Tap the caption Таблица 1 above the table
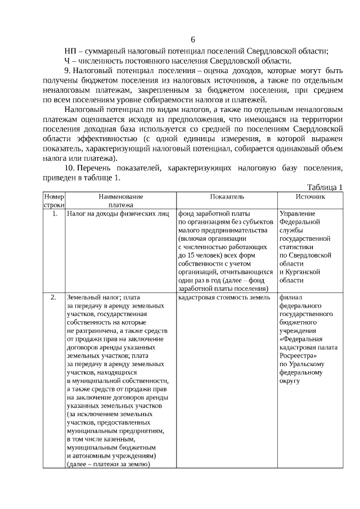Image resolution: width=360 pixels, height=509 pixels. (325, 187)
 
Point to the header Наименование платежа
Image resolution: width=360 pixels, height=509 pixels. (121, 201)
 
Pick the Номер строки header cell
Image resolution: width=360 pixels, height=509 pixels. (54, 201)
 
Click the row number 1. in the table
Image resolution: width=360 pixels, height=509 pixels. (54, 214)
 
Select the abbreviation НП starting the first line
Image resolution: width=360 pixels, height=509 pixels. (71, 51)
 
